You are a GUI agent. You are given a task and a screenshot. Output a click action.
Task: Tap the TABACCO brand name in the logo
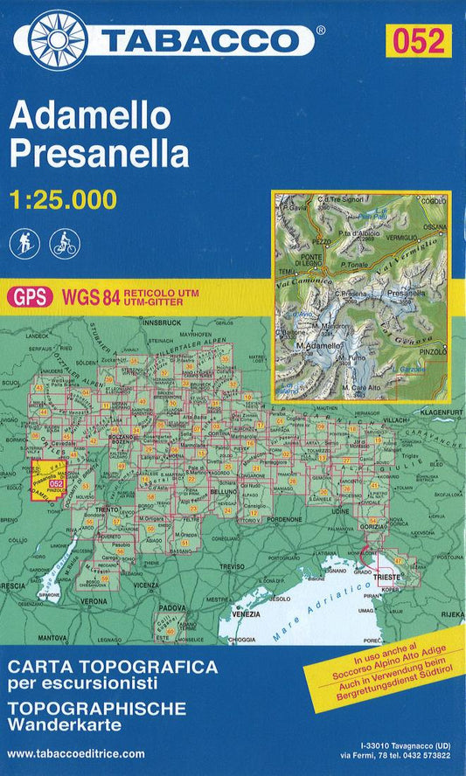point(203,40)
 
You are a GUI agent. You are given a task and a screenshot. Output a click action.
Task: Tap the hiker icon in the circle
point(23,244)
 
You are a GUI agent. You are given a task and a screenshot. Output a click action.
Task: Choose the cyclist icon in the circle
point(65,244)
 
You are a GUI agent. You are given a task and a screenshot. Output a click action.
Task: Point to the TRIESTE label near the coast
point(386,579)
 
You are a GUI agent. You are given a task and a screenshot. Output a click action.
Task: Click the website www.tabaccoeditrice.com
point(76,752)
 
